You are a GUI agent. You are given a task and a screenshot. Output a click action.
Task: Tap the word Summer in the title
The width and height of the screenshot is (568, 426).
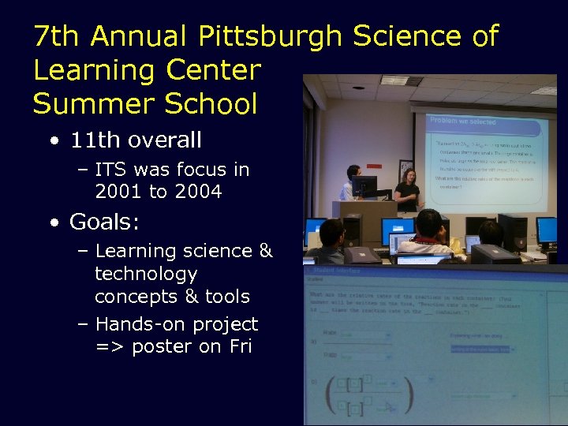[x=84, y=104]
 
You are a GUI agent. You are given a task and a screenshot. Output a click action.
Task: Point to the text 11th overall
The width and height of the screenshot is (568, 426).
[x=136, y=140]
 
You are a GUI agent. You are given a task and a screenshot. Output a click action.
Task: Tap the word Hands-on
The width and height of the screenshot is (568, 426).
[x=133, y=324]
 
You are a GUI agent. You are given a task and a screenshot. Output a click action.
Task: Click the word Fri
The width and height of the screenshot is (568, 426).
[x=241, y=346]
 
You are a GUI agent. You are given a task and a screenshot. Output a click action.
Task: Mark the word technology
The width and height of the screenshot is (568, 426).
[x=146, y=274]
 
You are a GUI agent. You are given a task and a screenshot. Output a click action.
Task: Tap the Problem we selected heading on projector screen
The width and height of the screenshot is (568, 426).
[x=462, y=121]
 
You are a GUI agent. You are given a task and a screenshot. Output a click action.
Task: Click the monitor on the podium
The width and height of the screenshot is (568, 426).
[x=364, y=187]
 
